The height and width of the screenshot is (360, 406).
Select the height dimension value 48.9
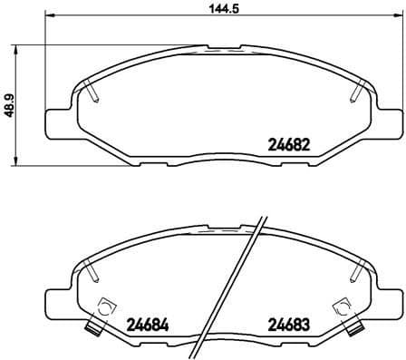[10, 106]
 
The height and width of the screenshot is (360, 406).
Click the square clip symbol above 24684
[107, 306]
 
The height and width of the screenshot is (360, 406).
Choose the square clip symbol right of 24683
[342, 306]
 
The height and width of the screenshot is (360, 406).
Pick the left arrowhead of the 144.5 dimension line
[51, 17]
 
